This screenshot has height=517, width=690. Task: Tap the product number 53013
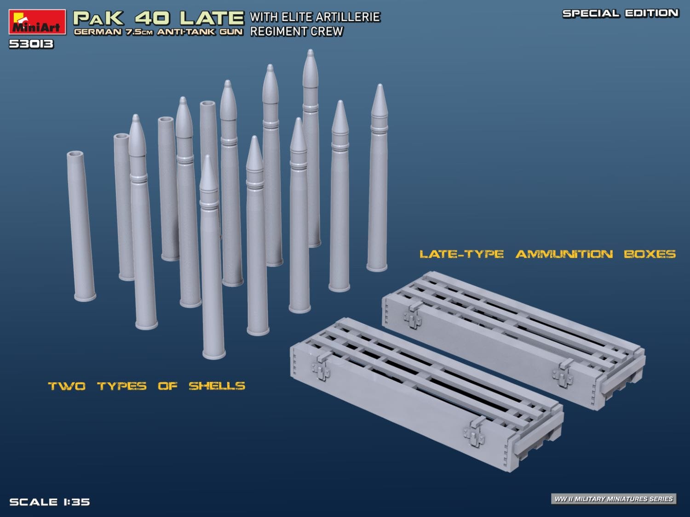pos(31,44)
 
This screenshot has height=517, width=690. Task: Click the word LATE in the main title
pos(211,18)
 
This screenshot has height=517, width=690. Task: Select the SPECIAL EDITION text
pos(620,13)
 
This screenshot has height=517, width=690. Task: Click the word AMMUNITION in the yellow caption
pos(564,254)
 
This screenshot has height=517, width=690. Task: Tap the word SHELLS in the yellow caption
pos(217,386)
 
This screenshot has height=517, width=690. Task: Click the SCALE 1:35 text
pos(50,502)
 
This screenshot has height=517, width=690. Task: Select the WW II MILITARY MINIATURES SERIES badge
pos(614,499)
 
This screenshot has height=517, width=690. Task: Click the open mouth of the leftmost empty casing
pos(75,154)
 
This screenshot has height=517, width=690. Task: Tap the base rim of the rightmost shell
pos(377,267)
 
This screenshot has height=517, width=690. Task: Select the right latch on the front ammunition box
pos(474,432)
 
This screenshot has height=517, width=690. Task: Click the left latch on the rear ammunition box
pos(413,315)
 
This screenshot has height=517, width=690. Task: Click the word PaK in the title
pos(98,18)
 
